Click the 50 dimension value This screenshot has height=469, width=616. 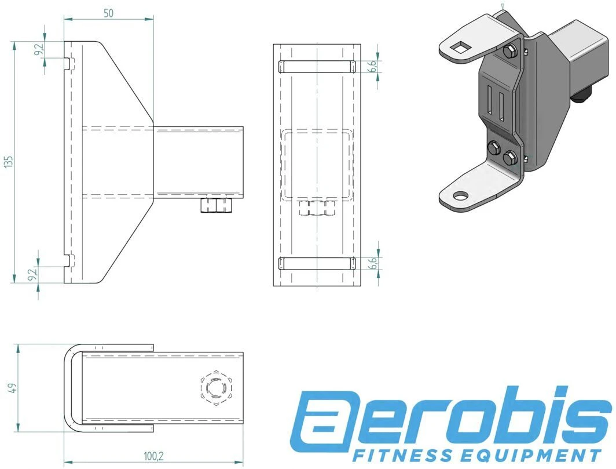click(x=108, y=13)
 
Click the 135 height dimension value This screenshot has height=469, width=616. click(x=8, y=162)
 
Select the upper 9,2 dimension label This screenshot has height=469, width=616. click(x=39, y=50)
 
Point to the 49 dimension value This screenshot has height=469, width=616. click(x=12, y=388)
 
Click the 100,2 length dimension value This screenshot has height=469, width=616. click(x=153, y=457)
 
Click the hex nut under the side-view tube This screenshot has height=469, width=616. click(x=215, y=205)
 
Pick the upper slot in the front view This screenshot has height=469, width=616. click(x=316, y=66)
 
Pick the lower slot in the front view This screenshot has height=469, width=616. click(x=316, y=264)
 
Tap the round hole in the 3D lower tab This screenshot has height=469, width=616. click(x=460, y=196)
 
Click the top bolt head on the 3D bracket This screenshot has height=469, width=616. click(x=509, y=52)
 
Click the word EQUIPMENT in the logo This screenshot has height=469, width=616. click(x=506, y=454)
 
